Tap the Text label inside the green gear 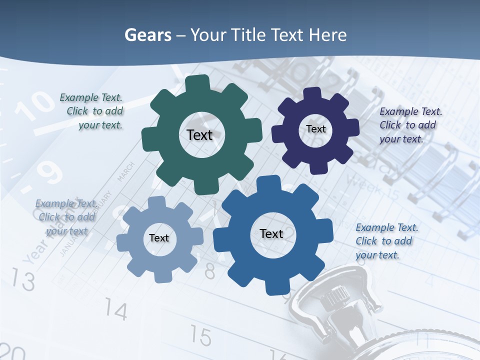pos(199,135)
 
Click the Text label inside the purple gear pos(315,129)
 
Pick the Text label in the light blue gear pos(159,238)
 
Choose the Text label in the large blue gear pos(271,233)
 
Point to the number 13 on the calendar pos(23,279)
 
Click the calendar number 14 pos(116,311)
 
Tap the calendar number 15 pos(200,336)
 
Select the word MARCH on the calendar pos(125,171)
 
